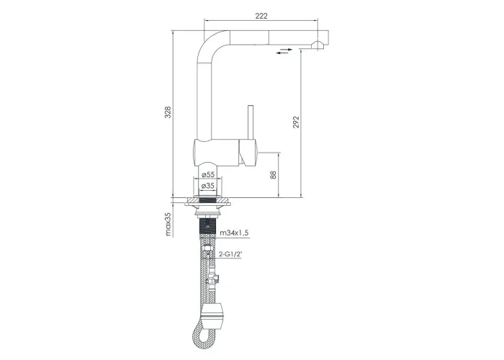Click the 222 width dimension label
261,16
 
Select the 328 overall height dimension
168,112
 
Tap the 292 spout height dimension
296,122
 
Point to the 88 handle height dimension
273,175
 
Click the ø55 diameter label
208,174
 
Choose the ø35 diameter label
208,186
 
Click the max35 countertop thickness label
168,224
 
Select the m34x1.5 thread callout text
234,233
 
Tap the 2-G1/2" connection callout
230,254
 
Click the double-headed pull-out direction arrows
284,51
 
